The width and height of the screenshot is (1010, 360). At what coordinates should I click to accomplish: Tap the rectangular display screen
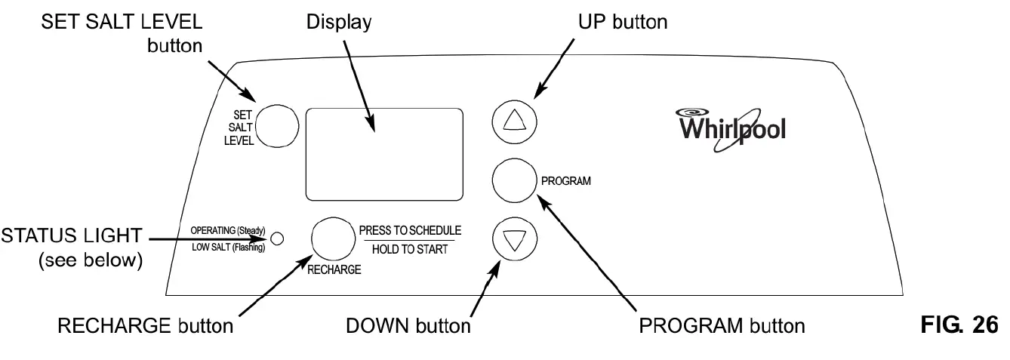(383, 154)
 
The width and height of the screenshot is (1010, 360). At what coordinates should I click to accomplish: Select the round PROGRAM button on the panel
(514, 180)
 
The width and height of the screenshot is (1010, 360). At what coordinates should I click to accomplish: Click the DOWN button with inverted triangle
(514, 241)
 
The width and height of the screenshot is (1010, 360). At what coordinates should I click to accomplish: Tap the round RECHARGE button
(333, 239)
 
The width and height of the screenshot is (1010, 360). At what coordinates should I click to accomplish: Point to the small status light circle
(276, 238)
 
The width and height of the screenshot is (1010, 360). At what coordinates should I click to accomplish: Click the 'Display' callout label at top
(338, 22)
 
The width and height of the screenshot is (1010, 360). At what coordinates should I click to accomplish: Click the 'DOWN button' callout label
(408, 326)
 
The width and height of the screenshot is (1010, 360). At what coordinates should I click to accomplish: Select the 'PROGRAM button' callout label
(722, 326)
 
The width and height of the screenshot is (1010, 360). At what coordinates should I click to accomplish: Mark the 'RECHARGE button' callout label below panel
(145, 326)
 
